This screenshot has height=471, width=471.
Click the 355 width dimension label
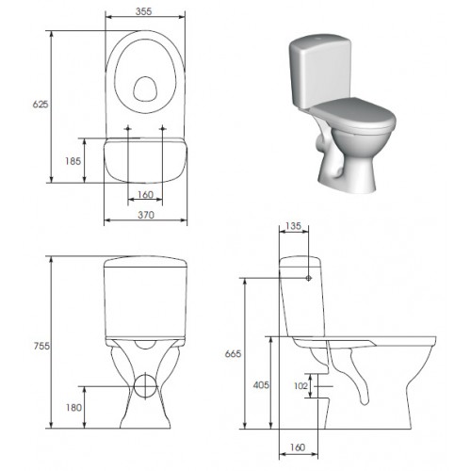coord(143,11)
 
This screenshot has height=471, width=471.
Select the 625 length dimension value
coord(41,104)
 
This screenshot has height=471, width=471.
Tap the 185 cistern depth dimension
coord(73,161)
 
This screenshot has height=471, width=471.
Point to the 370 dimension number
coord(146,215)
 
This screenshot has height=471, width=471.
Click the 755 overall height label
coord(41,346)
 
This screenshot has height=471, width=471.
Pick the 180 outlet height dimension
coord(73,408)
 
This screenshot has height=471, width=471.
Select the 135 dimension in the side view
coord(294,226)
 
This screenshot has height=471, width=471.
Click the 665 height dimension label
coord(233,354)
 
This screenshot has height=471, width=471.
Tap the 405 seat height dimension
coord(261,384)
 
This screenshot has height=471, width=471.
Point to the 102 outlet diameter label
coord(300,385)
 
